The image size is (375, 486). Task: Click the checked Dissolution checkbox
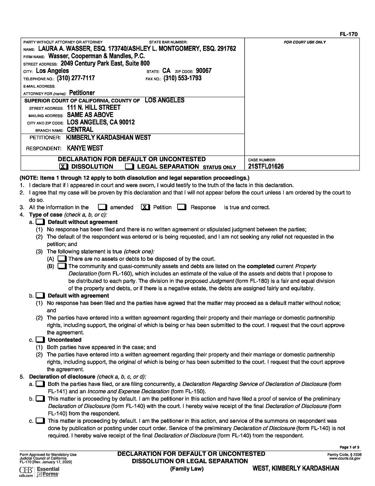pyautogui.click(x=64, y=166)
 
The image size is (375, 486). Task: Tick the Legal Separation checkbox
pyautogui.click(x=129, y=166)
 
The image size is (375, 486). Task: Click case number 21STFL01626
pyautogui.click(x=266, y=166)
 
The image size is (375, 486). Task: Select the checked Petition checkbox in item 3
pyautogui.click(x=146, y=207)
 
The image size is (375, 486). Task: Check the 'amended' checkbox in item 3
pyautogui.click(x=102, y=207)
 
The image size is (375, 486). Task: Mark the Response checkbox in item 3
pyautogui.click(x=182, y=207)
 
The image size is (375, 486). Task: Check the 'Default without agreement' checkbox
pyautogui.click(x=40, y=222)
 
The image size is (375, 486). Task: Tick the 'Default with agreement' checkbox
pyautogui.click(x=40, y=296)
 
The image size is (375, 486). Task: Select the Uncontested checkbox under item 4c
pyautogui.click(x=40, y=340)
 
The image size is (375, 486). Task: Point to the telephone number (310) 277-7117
pyautogui.click(x=76, y=78)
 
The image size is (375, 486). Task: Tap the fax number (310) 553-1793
pyautogui.click(x=182, y=78)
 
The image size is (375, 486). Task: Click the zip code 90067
pyautogui.click(x=204, y=71)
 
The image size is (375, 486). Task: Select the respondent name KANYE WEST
pyautogui.click(x=85, y=148)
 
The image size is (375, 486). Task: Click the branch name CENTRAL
pyautogui.click(x=80, y=130)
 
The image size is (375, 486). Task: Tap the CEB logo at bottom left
pyautogui.click(x=26, y=470)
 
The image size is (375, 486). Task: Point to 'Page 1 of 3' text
pyautogui.click(x=350, y=448)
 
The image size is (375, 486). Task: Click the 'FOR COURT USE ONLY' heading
pyautogui.click(x=305, y=42)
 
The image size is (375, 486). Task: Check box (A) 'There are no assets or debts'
pyautogui.click(x=62, y=259)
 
